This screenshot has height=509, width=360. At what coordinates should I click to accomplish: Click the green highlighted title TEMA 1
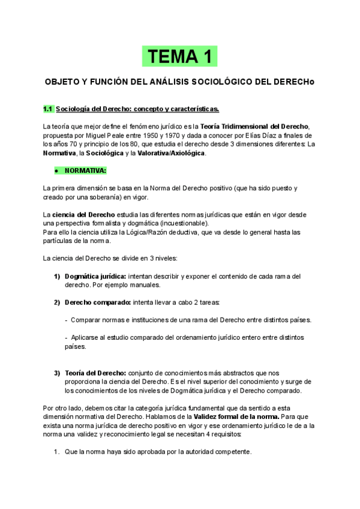tap(180, 56)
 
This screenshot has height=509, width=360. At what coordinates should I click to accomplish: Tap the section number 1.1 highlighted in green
tap(49, 109)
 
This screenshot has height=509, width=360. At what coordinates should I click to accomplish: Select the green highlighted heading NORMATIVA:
tap(85, 170)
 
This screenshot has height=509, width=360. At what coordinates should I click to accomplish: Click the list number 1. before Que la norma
tap(57, 452)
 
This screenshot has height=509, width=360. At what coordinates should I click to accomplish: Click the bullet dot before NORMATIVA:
tap(55, 171)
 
